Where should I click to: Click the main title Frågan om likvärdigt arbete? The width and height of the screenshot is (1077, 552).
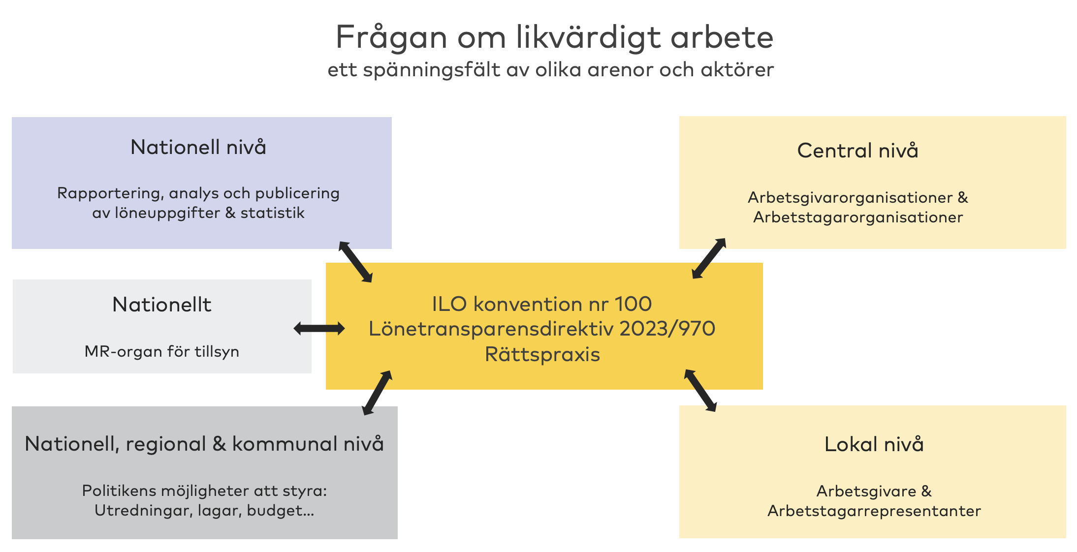[x=554, y=37]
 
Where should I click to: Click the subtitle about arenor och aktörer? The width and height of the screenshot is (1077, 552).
[x=551, y=70]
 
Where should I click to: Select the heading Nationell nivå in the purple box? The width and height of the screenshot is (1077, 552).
[x=198, y=147]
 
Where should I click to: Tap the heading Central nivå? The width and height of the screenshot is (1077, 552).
[x=857, y=150]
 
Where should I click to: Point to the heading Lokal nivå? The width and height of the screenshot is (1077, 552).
[x=874, y=444]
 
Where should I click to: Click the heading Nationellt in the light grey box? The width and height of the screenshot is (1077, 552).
[x=162, y=305]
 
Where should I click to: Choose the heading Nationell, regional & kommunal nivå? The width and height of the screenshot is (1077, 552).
[x=204, y=444]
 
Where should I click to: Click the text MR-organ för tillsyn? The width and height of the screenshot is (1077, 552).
[x=162, y=352]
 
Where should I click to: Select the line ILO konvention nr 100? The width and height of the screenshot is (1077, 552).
[x=542, y=304]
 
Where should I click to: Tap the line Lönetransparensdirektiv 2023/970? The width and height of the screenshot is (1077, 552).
[x=542, y=329]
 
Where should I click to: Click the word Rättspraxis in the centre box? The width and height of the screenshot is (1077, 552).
[x=542, y=354]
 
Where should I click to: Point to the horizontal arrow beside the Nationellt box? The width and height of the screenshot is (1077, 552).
[x=319, y=329]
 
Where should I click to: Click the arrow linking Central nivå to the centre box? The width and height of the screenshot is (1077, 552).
[x=709, y=258]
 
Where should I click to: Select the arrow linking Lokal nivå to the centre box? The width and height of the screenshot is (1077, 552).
[x=700, y=390]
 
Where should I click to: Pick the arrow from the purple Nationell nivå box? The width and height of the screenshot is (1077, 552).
[x=355, y=262]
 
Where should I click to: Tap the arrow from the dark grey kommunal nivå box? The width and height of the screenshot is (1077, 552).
[x=377, y=393]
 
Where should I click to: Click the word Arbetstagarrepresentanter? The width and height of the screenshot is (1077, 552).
[x=874, y=511]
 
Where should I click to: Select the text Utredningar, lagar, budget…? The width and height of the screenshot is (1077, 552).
[x=204, y=511]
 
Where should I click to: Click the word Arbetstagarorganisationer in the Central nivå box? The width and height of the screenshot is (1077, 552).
[x=858, y=217]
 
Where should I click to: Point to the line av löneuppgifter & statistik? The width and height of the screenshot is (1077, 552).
[x=198, y=213]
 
